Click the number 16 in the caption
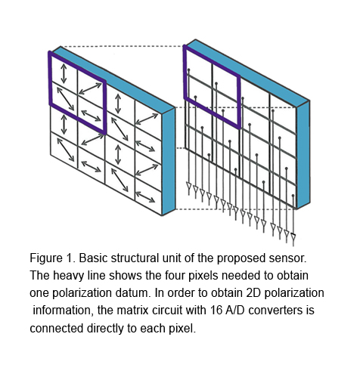pos(216,310)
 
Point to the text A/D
pos(235,310)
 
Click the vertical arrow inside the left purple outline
pos(64,73)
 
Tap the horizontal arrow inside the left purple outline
pos(91,116)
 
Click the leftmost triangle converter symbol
pos(189,186)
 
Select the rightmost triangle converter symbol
pos(293,236)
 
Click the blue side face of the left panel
pos(169,161)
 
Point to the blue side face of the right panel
pos(303,154)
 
